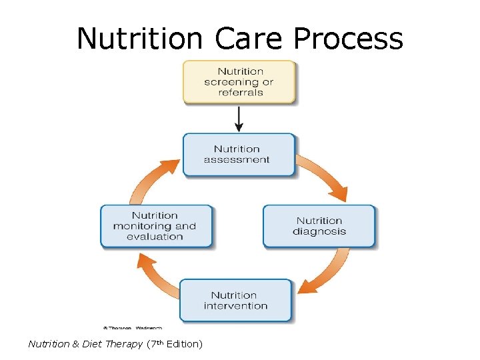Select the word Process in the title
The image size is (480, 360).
click(x=348, y=39)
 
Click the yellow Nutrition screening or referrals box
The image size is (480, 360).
click(x=239, y=82)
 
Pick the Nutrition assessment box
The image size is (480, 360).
click(x=238, y=154)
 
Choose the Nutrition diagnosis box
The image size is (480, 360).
click(x=319, y=226)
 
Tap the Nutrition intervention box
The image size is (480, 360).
click(x=236, y=301)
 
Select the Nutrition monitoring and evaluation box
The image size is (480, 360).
click(x=156, y=226)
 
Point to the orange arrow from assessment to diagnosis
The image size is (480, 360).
click(x=326, y=175)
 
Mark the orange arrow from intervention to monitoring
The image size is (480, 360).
click(x=155, y=275)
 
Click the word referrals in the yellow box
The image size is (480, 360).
click(x=240, y=93)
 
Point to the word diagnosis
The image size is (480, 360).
click(x=319, y=231)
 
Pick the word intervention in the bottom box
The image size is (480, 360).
click(x=236, y=306)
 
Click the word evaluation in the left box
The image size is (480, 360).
click(x=155, y=237)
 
